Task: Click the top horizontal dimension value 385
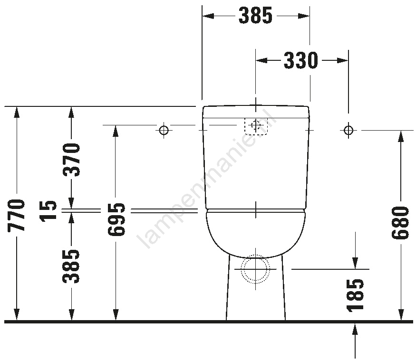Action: click(x=255, y=16)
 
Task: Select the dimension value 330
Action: click(x=301, y=61)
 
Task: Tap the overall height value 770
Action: click(x=17, y=215)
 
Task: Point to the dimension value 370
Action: click(x=71, y=160)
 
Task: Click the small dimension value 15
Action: click(x=48, y=210)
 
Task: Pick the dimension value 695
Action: click(x=116, y=219)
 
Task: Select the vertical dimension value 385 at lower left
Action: click(x=71, y=266)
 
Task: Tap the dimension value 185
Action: click(x=355, y=294)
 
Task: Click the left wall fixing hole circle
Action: click(x=164, y=130)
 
